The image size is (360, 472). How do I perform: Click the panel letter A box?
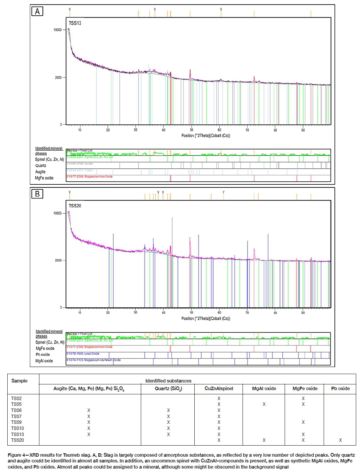click(x=37, y=11)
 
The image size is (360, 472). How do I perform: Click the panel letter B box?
click(x=37, y=194)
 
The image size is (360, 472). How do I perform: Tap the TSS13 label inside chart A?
click(x=75, y=23)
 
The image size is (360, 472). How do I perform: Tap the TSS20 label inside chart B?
click(x=75, y=206)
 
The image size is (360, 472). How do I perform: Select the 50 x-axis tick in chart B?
click(x=191, y=313)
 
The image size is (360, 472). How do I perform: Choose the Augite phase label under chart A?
click(x=41, y=172)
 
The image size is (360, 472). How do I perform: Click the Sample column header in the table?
click(x=20, y=381)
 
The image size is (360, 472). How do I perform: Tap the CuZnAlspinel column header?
click(x=219, y=389)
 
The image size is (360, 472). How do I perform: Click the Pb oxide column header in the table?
click(x=340, y=389)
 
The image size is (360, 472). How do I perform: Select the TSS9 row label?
click(x=16, y=422)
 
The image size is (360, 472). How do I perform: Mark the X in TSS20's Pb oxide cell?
click(x=340, y=440)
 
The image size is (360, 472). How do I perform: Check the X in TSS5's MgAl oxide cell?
click(x=264, y=404)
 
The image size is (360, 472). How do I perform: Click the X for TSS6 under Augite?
click(x=88, y=410)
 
